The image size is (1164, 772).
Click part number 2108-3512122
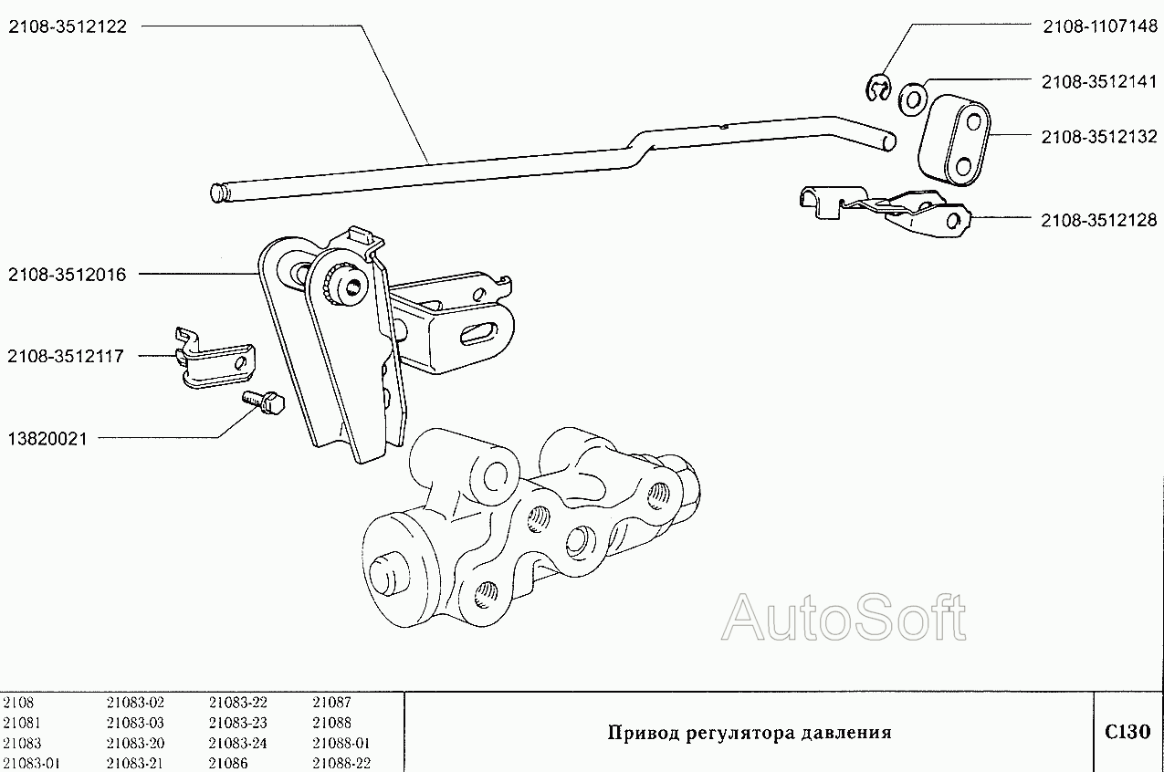point(68,26)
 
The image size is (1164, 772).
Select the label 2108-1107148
point(1099,26)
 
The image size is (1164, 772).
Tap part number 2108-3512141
point(1099,81)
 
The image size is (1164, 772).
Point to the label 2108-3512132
point(1099,137)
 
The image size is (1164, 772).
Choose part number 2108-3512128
point(1099,220)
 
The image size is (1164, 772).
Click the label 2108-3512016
point(68,274)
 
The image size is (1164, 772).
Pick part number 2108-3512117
point(68,356)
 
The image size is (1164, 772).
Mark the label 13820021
point(47,439)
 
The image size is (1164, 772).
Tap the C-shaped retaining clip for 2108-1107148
point(878,89)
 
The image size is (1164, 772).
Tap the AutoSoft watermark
point(844,619)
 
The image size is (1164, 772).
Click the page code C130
point(1127,732)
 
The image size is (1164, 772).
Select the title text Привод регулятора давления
point(750,733)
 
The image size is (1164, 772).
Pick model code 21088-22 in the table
point(341,763)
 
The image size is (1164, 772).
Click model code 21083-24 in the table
point(237,743)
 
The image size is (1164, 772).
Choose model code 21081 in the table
point(22,723)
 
